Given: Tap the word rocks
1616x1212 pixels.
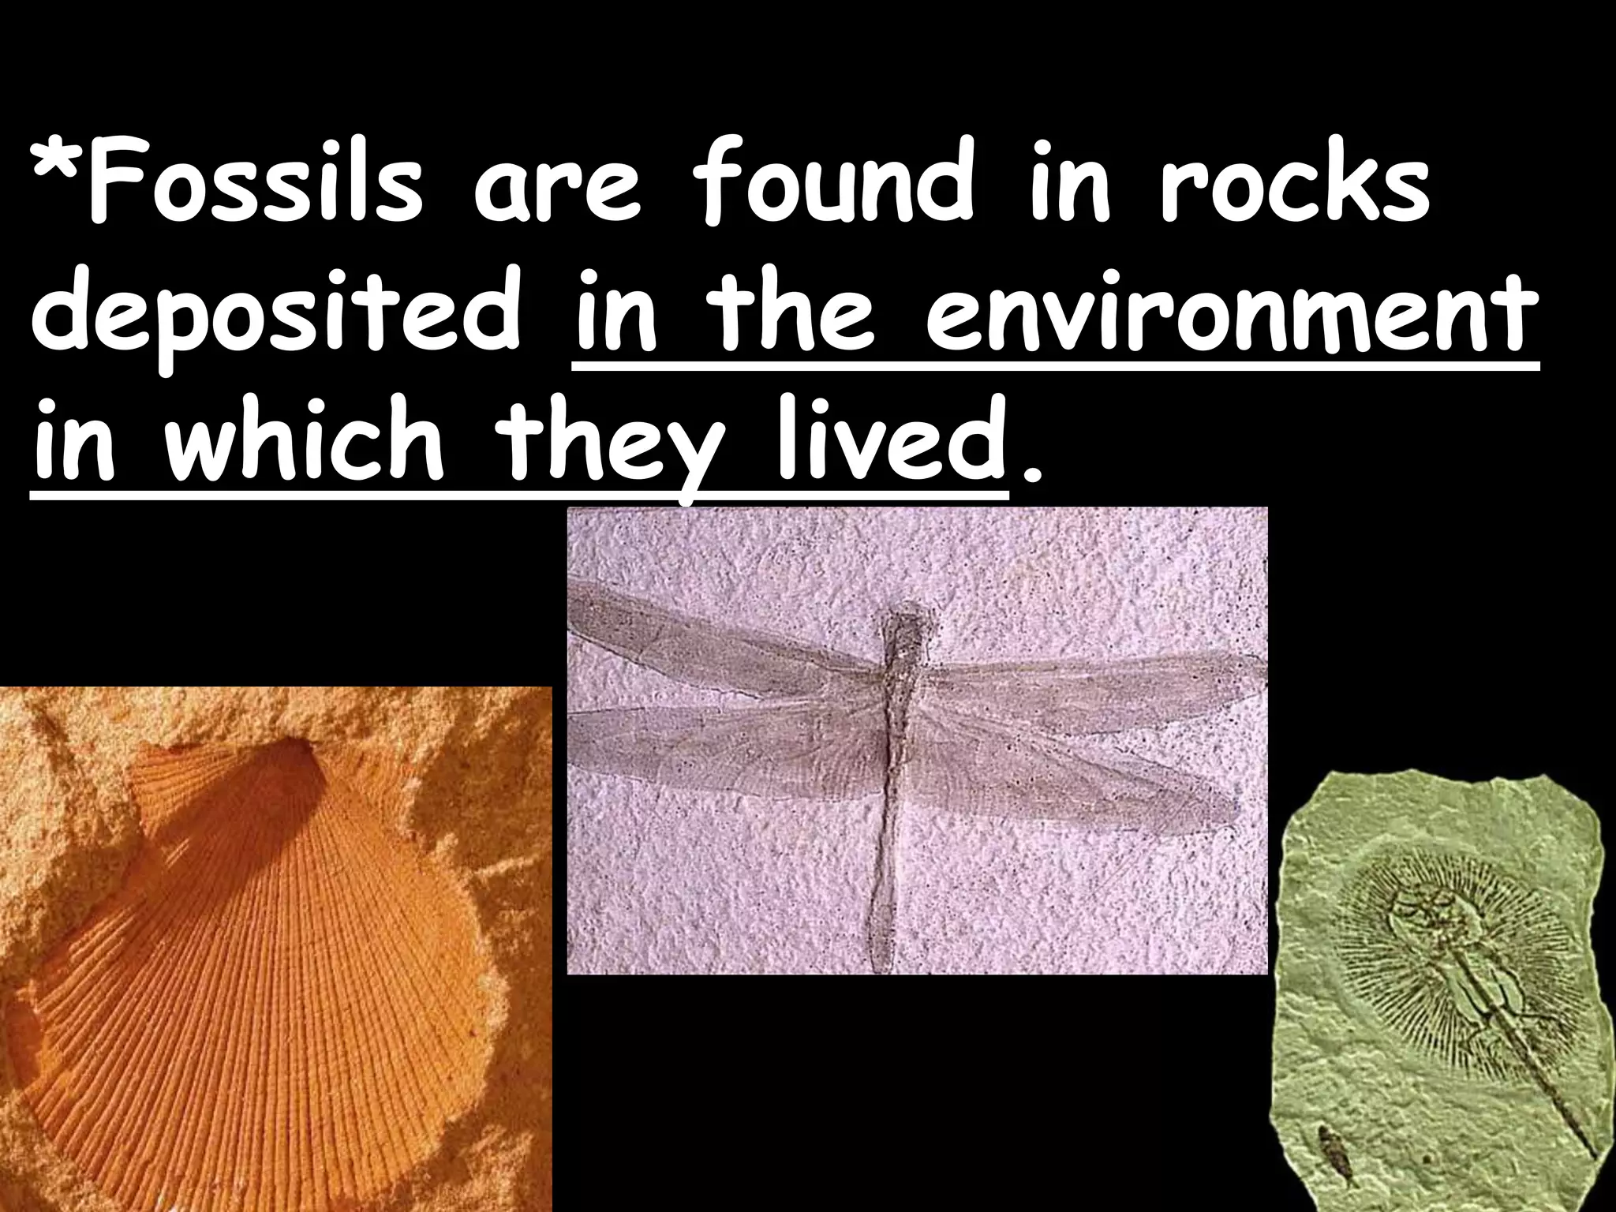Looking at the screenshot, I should coord(1294,190).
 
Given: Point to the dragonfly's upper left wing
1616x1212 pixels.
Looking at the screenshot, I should coord(710,631).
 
